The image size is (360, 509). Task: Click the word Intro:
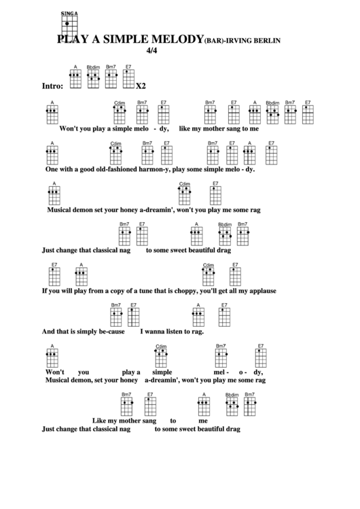(52, 86)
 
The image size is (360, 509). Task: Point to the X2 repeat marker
(141, 86)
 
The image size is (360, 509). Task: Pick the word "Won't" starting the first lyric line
(70, 128)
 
